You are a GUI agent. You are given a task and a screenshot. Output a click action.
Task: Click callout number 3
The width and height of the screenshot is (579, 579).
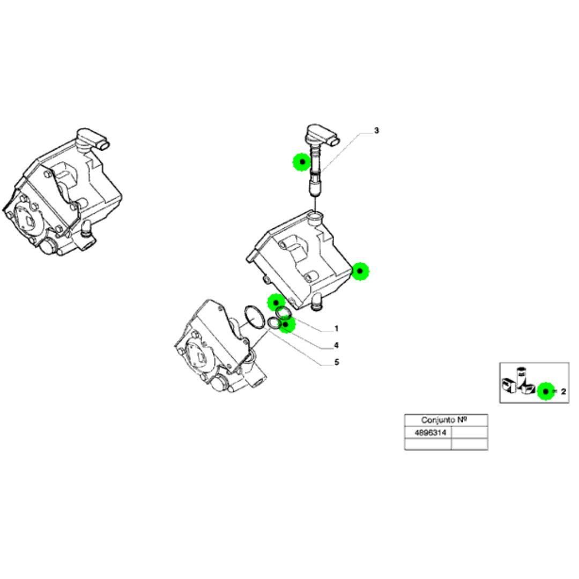point(376,130)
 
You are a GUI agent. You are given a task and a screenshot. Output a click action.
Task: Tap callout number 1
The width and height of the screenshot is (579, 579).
point(336,328)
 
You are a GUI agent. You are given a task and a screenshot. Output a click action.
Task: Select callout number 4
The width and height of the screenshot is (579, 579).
point(336,345)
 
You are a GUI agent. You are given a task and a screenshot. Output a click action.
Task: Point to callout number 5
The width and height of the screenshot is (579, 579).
point(336,362)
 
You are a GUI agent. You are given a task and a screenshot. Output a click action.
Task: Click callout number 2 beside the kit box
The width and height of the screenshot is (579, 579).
point(563,392)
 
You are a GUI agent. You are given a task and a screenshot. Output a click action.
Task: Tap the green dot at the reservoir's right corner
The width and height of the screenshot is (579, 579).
point(360,272)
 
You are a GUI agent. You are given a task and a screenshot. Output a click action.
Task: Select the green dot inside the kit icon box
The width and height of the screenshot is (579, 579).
point(546,392)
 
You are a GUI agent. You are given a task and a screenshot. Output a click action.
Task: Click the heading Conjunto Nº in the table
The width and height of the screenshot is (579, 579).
point(446,420)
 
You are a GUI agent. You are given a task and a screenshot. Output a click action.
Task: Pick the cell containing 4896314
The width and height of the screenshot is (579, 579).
point(428,432)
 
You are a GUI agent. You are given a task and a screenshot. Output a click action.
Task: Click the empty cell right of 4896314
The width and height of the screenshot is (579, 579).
point(470,432)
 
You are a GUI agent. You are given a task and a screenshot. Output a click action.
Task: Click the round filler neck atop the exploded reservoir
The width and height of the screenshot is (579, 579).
point(316,217)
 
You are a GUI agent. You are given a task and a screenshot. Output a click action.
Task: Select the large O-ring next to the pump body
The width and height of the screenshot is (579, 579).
point(252,316)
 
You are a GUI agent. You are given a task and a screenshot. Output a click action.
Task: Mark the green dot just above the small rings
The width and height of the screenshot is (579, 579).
point(277,303)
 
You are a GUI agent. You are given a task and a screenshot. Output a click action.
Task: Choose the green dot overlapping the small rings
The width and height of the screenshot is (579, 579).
point(287,324)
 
